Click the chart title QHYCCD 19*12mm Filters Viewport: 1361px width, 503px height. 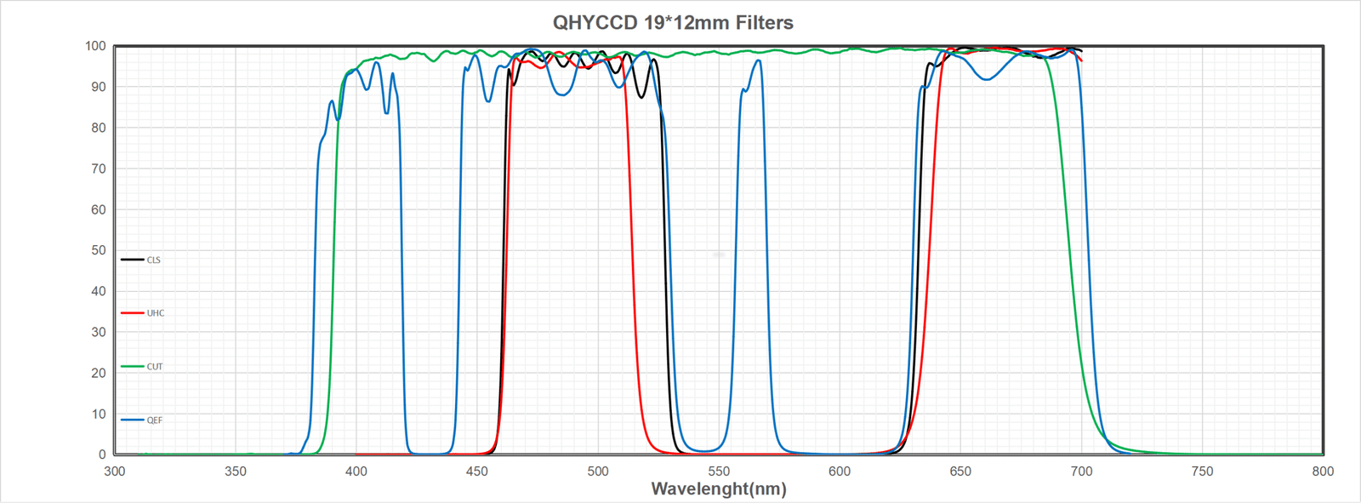(x=673, y=23)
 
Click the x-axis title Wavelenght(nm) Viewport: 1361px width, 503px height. (x=719, y=489)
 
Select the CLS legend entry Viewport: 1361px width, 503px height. (x=154, y=260)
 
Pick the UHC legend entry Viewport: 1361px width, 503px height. (x=156, y=313)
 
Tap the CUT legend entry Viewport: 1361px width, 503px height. (x=155, y=367)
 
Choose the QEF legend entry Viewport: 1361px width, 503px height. (x=155, y=420)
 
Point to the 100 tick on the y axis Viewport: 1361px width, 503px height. (x=95, y=46)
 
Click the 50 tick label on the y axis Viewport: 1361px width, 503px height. (x=98, y=250)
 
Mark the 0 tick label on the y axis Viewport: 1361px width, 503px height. (x=102, y=454)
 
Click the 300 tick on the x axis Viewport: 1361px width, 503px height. (x=115, y=472)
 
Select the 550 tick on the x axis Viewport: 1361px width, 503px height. (x=719, y=472)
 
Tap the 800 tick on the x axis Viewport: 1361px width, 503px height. (x=1323, y=472)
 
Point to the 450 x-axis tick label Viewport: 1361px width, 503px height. (x=477, y=472)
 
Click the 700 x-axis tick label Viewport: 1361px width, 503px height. (x=1081, y=472)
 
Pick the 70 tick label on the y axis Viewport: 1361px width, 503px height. (x=98, y=169)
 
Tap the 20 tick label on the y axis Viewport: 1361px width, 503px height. (x=98, y=373)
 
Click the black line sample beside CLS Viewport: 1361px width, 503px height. (x=132, y=260)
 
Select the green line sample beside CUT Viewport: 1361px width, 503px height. (x=132, y=367)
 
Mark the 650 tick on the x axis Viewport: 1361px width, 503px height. (x=960, y=472)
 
